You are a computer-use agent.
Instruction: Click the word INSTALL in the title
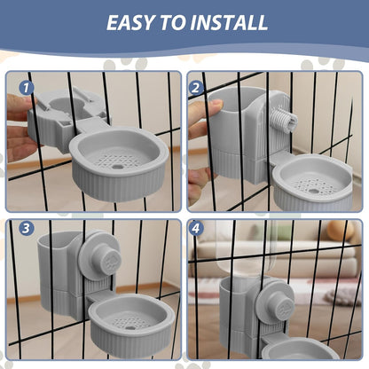coord(229,22)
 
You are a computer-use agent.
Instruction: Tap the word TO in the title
coord(172,22)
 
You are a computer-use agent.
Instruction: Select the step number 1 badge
coord(27,88)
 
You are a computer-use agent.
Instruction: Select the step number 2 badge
coord(196,88)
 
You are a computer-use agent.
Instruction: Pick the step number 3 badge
coord(27,228)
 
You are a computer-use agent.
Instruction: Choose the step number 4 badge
coord(196,228)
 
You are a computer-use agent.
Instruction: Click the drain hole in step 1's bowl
coord(117,167)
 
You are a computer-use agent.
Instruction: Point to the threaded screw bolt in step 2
coord(283,121)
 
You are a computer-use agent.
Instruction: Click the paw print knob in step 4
coord(285,308)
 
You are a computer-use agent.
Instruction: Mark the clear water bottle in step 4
coord(246,248)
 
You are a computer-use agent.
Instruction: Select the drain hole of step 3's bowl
coord(130,327)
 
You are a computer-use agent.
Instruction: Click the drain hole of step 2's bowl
coord(311,190)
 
